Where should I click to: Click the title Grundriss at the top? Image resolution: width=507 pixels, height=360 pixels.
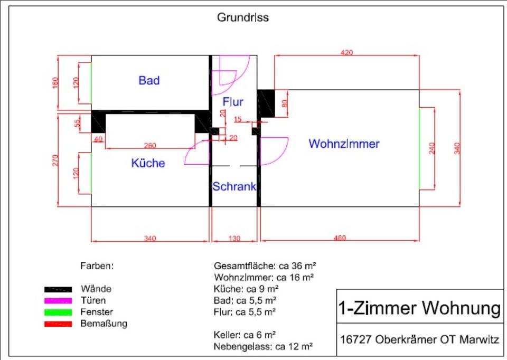pyautogui.click(x=242, y=17)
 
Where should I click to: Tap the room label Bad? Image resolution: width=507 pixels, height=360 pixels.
pyautogui.click(x=149, y=81)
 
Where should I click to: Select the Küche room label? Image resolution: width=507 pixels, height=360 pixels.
pyautogui.click(x=148, y=163)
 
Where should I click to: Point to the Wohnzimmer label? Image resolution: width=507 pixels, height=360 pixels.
pyautogui.click(x=344, y=144)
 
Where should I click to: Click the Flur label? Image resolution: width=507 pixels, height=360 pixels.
pyautogui.click(x=233, y=102)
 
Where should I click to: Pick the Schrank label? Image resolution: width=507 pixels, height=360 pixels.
pyautogui.click(x=234, y=186)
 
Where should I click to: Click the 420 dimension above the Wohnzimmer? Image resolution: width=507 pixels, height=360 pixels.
pyautogui.click(x=346, y=52)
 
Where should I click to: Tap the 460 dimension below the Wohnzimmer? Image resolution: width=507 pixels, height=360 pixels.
pyautogui.click(x=340, y=238)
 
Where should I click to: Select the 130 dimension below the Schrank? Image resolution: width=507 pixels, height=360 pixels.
pyautogui.click(x=234, y=239)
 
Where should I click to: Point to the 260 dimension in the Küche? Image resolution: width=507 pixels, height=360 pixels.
pyautogui.click(x=149, y=145)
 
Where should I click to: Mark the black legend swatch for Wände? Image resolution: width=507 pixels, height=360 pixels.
pyautogui.click(x=58, y=289)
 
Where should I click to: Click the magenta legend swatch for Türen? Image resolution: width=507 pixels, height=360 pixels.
pyautogui.click(x=58, y=300)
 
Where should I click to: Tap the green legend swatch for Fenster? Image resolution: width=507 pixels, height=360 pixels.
pyautogui.click(x=58, y=312)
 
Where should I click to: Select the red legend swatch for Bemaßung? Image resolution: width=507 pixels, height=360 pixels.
pyautogui.click(x=58, y=324)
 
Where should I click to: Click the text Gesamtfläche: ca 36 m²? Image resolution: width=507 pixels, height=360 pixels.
pyautogui.click(x=265, y=265)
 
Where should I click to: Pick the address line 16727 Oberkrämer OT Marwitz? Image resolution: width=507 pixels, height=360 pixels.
pyautogui.click(x=420, y=339)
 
